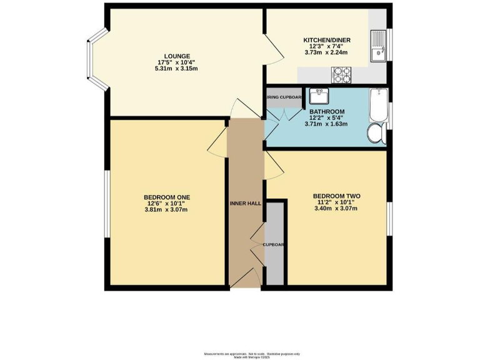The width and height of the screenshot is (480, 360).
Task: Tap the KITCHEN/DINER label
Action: tap(327, 40)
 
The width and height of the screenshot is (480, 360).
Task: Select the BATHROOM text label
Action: tap(326, 111)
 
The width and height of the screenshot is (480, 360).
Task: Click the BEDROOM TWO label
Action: tap(336, 196)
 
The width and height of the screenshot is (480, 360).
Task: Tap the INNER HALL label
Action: tap(246, 203)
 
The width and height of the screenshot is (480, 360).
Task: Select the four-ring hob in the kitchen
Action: tap(342, 75)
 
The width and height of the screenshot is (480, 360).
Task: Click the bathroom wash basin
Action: tap(319, 96)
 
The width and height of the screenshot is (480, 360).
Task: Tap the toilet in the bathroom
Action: tap(376, 133)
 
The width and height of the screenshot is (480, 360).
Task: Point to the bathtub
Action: tap(377, 104)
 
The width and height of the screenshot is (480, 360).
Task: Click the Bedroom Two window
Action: tap(391, 219)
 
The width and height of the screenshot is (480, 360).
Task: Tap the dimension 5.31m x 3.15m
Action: tap(177, 69)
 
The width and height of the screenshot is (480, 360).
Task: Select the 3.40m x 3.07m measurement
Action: tap(336, 209)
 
